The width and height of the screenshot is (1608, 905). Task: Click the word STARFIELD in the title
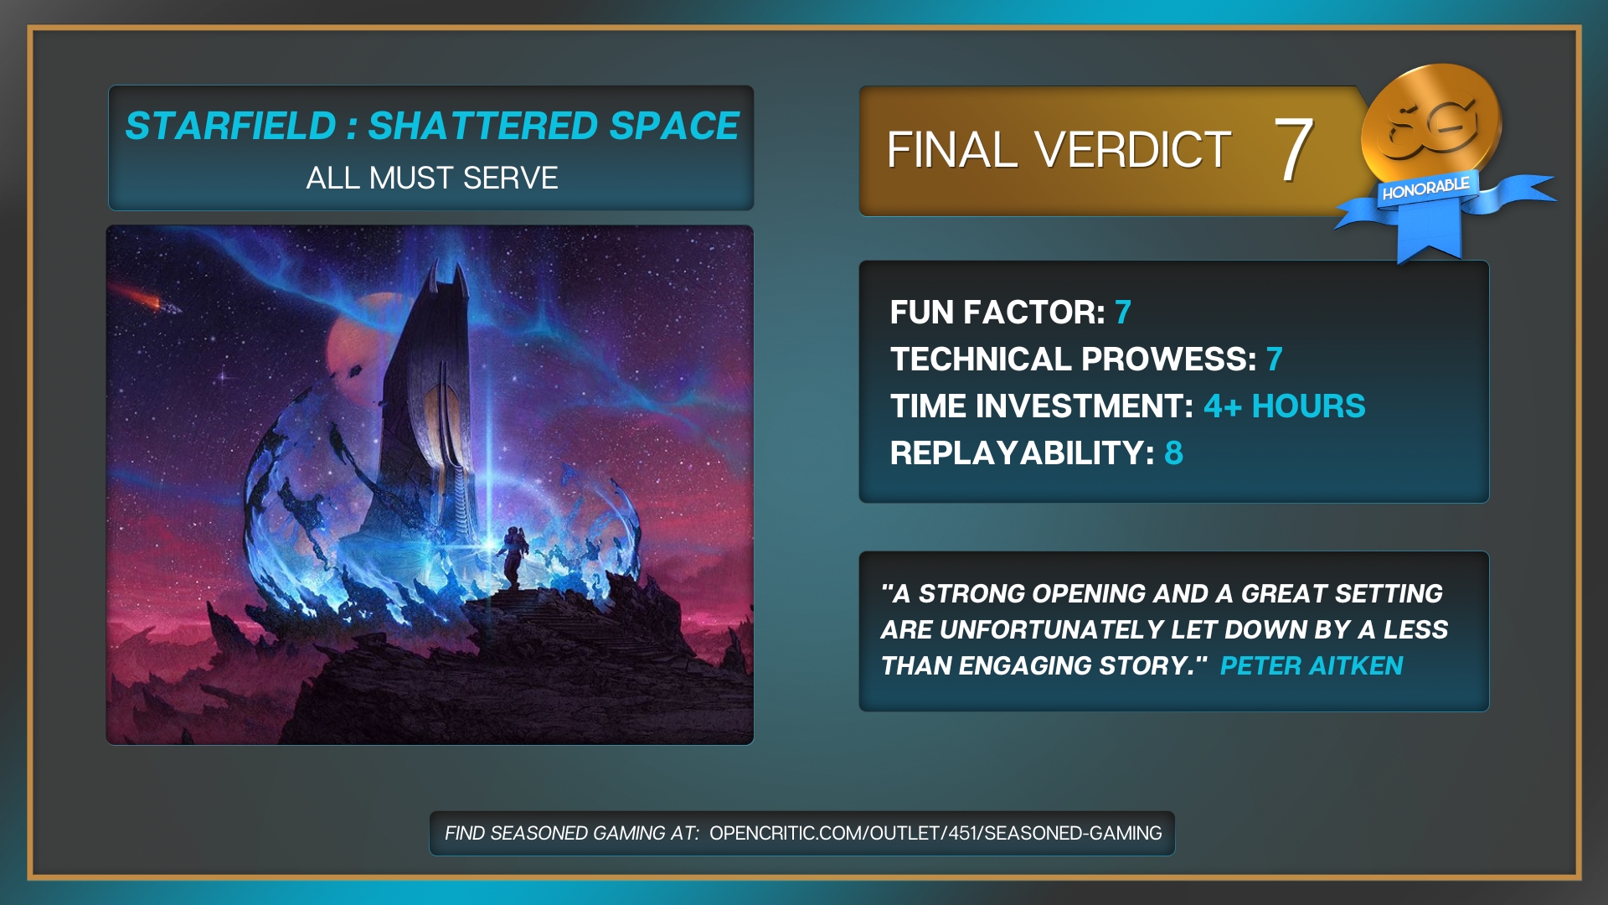pos(230,127)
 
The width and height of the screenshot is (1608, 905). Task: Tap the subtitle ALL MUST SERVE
pos(431,178)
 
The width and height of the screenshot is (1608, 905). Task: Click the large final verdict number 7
pos(1294,149)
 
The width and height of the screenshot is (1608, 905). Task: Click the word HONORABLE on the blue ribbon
pos(1425,189)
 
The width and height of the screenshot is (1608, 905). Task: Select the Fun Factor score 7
pos(1123,313)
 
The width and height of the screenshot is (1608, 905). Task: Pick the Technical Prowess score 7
pos(1275,359)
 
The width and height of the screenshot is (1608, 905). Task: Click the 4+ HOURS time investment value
pos(1285,406)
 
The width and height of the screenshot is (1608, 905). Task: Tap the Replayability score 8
pos(1173,453)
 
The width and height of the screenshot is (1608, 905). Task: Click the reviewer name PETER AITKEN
pos(1312,666)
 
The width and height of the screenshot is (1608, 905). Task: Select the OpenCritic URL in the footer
pos(935,833)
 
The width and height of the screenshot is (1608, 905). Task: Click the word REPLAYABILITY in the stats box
pos(1023,453)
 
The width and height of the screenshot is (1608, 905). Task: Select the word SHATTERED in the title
pos(483,127)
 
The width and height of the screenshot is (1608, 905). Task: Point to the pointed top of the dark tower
pos(458,266)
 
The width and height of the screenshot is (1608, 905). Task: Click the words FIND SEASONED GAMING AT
pos(572,833)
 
